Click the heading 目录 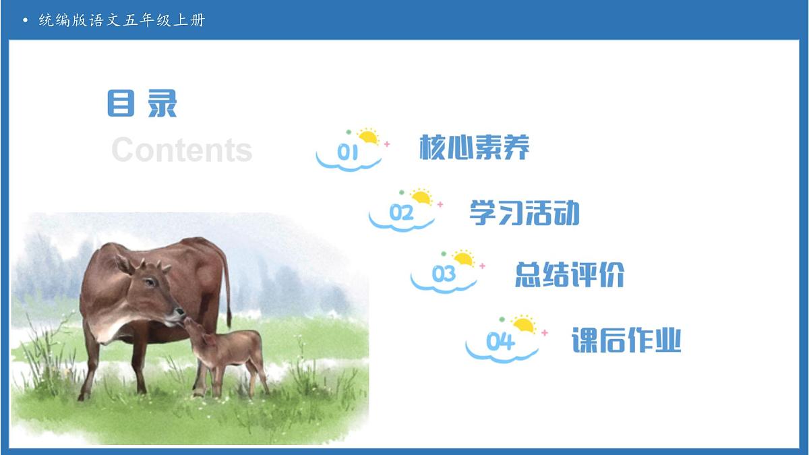[142, 104]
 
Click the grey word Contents [181, 150]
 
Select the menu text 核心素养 [474, 147]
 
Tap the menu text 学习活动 [524, 213]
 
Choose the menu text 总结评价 [570, 274]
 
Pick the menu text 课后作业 [626, 340]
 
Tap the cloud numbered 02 [402, 215]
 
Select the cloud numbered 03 [444, 276]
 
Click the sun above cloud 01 [368, 137]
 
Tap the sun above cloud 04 [523, 325]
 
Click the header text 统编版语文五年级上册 [121, 20]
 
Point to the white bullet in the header [26, 20]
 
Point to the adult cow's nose [180, 314]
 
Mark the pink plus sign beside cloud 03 [482, 266]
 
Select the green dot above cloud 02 [402, 193]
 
